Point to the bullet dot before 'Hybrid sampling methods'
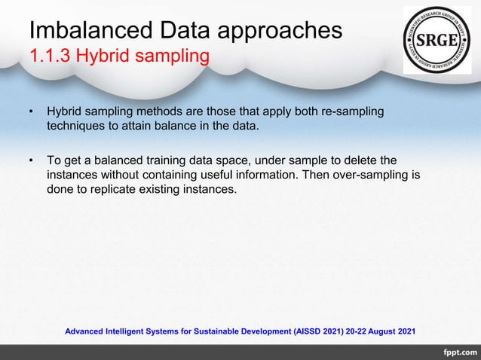(32, 113)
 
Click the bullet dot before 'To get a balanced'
(32, 161)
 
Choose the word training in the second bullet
(182, 160)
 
